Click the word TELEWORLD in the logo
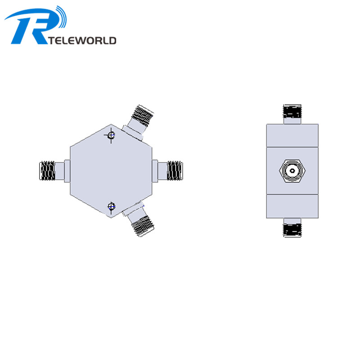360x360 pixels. coord(83,40)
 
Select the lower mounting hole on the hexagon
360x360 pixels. coord(112,207)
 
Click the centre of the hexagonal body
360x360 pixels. coord(111,171)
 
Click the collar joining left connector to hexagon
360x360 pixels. coord(67,171)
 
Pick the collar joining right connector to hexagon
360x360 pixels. coord(156,171)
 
